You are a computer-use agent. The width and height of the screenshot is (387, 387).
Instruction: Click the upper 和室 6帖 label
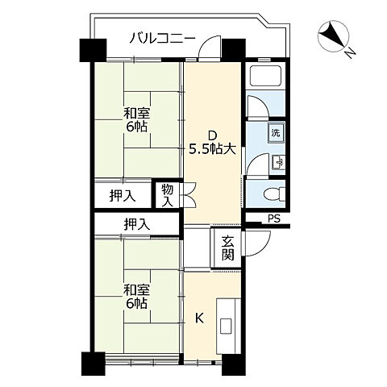135,121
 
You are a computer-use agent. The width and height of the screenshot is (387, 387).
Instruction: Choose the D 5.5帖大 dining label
212,142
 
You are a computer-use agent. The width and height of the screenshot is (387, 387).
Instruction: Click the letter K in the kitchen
198,318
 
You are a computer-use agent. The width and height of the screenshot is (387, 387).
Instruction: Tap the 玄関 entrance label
227,248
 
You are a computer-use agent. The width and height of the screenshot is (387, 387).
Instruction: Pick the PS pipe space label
274,218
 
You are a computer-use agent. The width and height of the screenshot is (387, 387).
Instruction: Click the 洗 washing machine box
275,133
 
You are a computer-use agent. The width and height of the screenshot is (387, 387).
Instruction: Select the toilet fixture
271,194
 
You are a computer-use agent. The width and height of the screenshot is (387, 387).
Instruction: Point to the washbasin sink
277,162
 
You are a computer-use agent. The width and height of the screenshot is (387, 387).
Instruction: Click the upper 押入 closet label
121,195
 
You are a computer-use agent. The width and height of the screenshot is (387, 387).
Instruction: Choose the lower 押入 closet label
136,224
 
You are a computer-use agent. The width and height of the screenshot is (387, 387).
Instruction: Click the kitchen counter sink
226,327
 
